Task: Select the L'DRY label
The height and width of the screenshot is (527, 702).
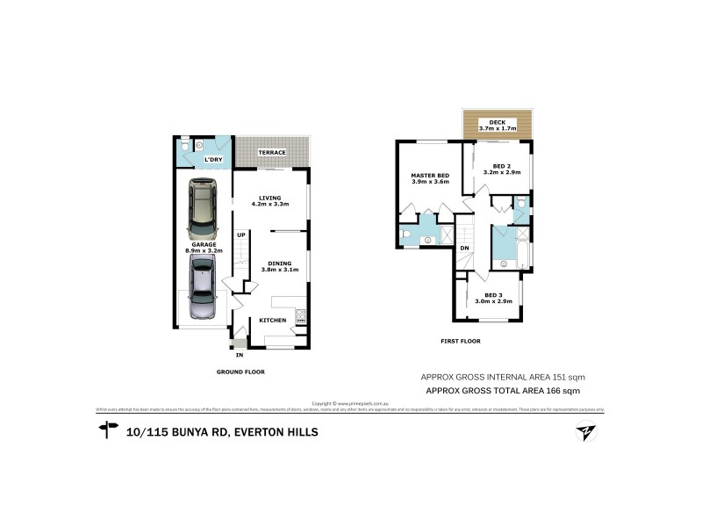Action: (x=212, y=160)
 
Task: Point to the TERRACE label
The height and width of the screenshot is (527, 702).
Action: (x=271, y=153)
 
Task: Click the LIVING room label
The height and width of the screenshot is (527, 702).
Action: (x=270, y=198)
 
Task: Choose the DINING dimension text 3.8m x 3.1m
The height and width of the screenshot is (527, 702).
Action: (x=280, y=270)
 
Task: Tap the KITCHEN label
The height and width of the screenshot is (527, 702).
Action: (x=272, y=321)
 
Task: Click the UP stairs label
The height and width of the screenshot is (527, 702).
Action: (x=240, y=235)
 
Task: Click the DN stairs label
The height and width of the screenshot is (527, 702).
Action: (x=463, y=249)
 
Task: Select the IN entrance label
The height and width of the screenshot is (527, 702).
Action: (x=239, y=355)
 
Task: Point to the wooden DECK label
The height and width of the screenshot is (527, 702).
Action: (x=498, y=121)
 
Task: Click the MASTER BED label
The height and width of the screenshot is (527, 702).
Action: (x=430, y=176)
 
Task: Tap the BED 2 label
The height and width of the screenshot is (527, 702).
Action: (x=501, y=166)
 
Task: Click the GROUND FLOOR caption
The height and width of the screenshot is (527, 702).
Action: (x=240, y=372)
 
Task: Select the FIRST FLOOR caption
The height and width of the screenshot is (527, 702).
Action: (x=461, y=341)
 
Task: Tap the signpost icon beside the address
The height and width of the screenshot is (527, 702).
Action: (x=109, y=430)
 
